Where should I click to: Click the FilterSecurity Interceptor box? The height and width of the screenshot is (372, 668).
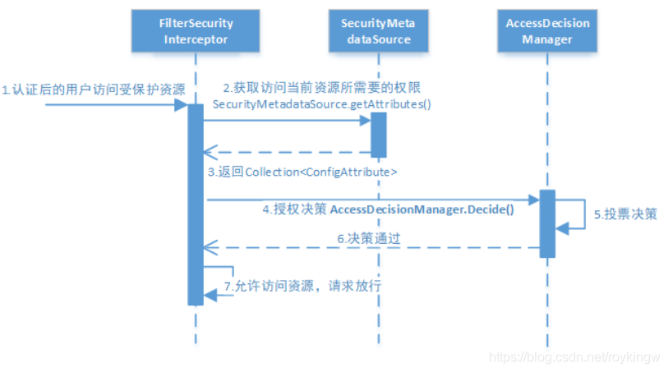(196, 30)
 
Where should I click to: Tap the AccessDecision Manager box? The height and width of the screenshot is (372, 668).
(548, 30)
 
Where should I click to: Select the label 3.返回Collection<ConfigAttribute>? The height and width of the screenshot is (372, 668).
(302, 172)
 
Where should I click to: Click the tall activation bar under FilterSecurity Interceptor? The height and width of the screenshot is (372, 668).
(196, 205)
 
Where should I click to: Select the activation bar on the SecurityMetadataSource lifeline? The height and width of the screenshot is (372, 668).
(377, 134)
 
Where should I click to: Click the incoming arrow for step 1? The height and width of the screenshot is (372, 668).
(115, 105)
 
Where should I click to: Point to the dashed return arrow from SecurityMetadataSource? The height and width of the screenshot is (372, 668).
(288, 152)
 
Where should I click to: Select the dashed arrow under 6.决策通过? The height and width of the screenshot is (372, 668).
(370, 246)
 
